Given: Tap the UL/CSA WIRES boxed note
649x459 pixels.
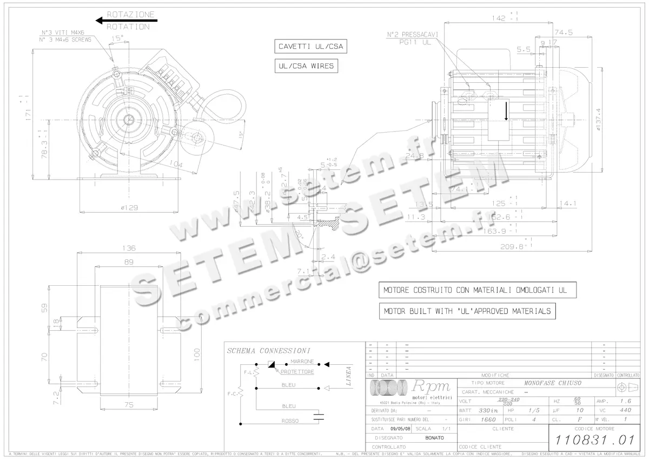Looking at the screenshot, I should point(306,66).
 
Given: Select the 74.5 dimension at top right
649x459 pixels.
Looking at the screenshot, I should point(566,32).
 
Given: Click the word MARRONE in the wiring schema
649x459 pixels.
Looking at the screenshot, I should point(302,361).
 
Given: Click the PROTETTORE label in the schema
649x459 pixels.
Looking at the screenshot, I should point(298,372).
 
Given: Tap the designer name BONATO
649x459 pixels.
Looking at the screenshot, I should point(434,437).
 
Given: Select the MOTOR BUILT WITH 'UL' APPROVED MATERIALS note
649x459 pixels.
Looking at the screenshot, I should point(467,311).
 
